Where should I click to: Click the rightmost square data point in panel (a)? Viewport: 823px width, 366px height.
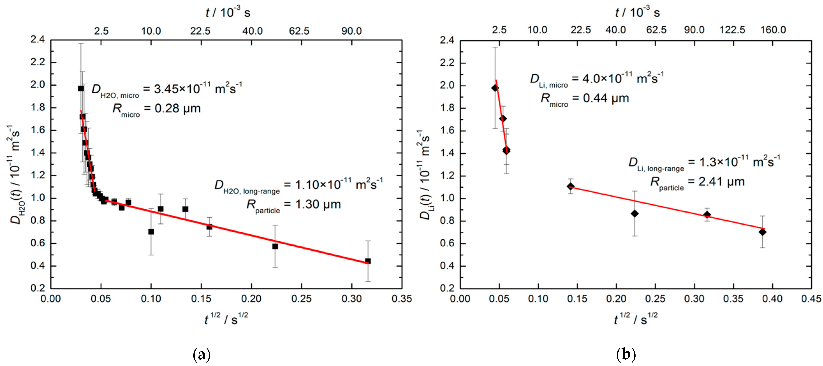click(x=368, y=261)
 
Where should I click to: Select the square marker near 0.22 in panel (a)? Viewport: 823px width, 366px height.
click(x=275, y=246)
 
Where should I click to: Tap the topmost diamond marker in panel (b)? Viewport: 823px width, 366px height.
click(x=495, y=88)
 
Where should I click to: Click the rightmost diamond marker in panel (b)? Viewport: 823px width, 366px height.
click(x=762, y=232)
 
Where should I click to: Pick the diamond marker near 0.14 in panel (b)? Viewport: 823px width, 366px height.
click(x=571, y=186)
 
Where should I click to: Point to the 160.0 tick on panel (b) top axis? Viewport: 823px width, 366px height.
click(x=773, y=30)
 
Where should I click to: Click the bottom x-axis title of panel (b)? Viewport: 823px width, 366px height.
click(x=636, y=319)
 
